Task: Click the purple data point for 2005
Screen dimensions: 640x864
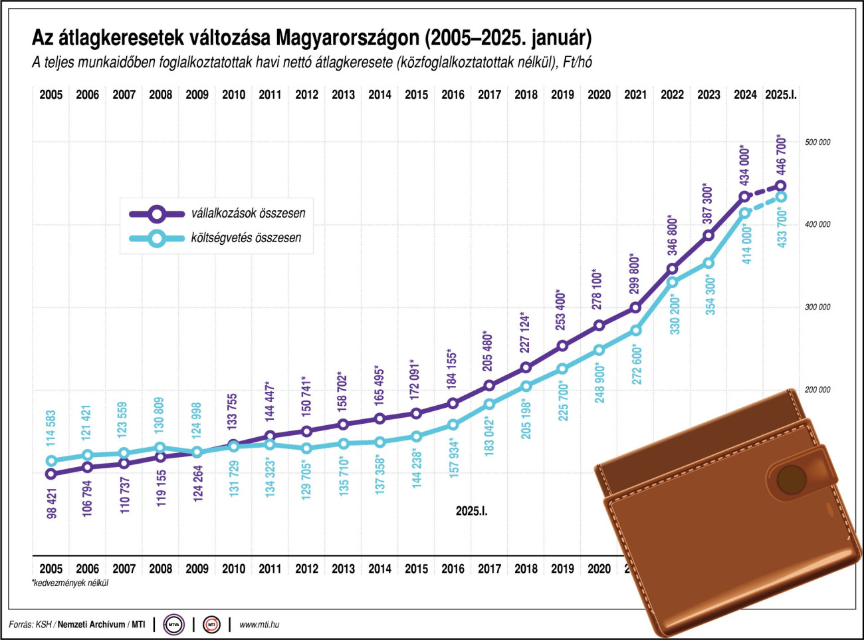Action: pyautogui.click(x=51, y=474)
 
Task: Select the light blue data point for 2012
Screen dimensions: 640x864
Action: pyautogui.click(x=306, y=448)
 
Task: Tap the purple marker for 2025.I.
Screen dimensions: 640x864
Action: pyautogui.click(x=781, y=186)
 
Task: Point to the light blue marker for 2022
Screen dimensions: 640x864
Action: pyautogui.click(x=672, y=282)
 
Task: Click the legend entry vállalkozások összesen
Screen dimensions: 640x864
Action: pyautogui.click(x=248, y=214)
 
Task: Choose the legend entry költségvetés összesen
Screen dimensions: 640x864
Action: pyautogui.click(x=246, y=238)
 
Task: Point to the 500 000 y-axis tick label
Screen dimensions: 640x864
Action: pyautogui.click(x=817, y=142)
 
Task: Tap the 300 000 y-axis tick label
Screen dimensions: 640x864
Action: pyautogui.click(x=817, y=307)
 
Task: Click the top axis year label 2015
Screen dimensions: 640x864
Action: pyautogui.click(x=416, y=94)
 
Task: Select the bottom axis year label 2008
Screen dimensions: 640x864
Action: pyautogui.click(x=160, y=569)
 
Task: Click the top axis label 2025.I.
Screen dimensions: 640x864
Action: pyautogui.click(x=781, y=94)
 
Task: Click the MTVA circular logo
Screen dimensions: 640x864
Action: pyautogui.click(x=174, y=625)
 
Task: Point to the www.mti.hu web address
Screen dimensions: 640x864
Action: pyautogui.click(x=259, y=625)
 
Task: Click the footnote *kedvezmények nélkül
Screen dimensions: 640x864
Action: pyautogui.click(x=70, y=583)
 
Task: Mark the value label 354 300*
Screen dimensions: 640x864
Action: pyautogui.click(x=710, y=295)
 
